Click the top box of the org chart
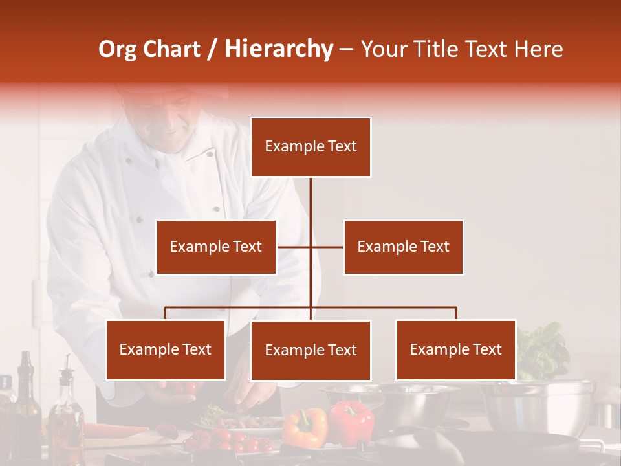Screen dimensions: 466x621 [310, 147]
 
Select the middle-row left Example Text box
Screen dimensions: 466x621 [216, 247]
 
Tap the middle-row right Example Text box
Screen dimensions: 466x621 [403, 247]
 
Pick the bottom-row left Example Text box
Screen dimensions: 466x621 [166, 349]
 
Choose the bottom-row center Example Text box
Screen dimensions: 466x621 [310, 350]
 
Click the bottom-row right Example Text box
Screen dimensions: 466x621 [455, 349]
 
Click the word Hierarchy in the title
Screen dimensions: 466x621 [279, 49]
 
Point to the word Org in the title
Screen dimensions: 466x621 [118, 49]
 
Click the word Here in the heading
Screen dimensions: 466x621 [538, 49]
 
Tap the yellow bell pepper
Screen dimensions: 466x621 [305, 427]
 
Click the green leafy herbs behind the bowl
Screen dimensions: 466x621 [543, 353]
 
